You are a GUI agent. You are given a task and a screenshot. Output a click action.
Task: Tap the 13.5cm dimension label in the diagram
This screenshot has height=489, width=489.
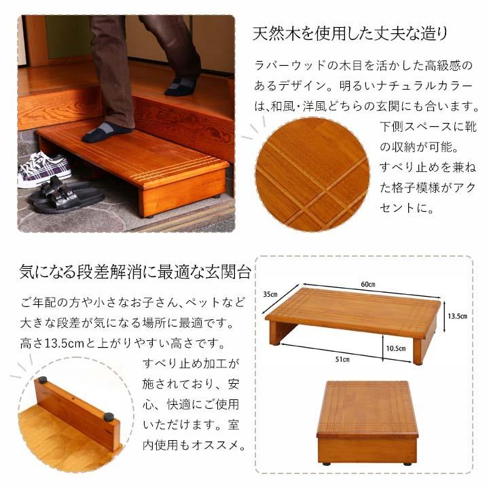pos(456,316)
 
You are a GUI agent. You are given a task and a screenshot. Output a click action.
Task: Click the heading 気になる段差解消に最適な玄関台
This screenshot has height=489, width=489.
pos(135,273)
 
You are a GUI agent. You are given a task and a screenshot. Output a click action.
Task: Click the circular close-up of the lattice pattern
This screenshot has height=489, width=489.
pos(312,174)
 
